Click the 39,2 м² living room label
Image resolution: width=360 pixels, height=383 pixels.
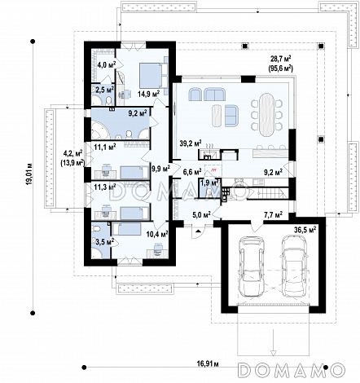[x=191, y=143]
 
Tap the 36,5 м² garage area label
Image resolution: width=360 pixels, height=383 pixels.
[x=305, y=230]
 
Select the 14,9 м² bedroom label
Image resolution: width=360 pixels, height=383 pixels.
[x=148, y=95]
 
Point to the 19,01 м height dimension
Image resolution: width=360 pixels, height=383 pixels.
[x=29, y=174]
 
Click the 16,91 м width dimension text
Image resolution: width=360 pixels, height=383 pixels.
[x=208, y=363]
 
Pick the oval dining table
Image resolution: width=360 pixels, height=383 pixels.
[x=266, y=115]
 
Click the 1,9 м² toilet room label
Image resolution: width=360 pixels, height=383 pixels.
[x=209, y=183]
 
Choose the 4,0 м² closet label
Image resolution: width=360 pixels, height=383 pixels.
[x=107, y=64]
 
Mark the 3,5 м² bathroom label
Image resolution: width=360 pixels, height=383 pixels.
[x=104, y=241]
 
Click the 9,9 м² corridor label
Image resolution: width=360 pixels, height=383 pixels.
[x=160, y=169]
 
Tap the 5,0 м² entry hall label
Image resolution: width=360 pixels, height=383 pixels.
[x=202, y=215]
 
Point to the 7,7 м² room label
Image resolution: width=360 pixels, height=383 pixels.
[x=273, y=215]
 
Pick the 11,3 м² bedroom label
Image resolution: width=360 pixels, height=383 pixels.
[x=105, y=187]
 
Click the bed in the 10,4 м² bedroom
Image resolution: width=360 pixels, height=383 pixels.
[x=126, y=229]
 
